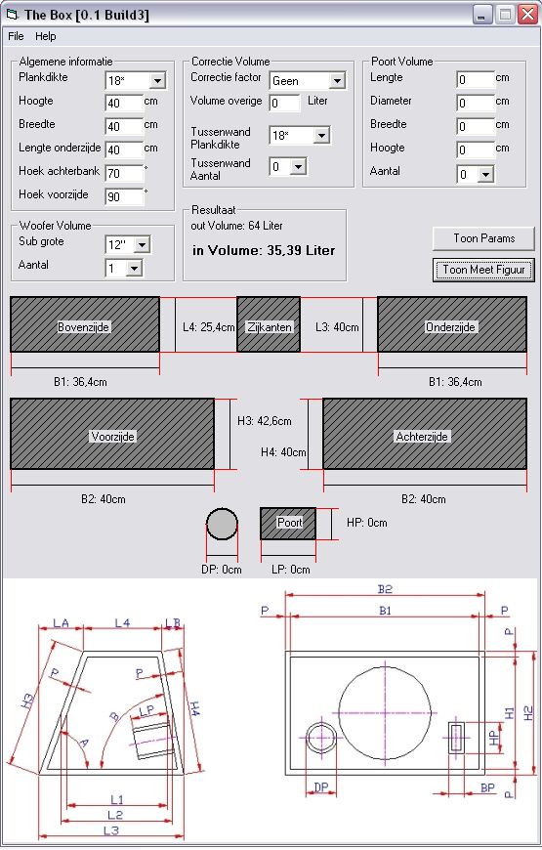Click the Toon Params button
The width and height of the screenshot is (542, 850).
483,238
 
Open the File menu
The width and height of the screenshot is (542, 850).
16,36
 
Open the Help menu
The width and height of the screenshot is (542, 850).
46,36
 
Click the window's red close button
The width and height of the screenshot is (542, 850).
527,14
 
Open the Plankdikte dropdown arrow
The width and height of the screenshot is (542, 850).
157,81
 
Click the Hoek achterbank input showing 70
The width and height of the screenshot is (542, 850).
124,174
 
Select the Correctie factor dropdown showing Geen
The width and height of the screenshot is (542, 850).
308,81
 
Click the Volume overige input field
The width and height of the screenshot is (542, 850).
284,103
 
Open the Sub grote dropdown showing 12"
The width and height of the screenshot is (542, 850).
127,244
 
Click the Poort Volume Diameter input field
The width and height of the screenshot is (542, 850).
476,103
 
